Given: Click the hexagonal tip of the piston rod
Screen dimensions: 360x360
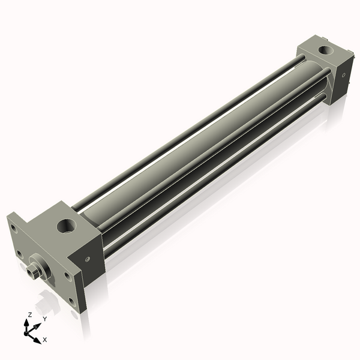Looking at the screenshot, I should click(32, 270).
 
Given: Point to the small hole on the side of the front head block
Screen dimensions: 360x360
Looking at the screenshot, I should click(88, 259).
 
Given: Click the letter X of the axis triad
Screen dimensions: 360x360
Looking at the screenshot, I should click(45, 340).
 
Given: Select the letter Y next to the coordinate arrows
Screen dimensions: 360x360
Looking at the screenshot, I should click(44, 319).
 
